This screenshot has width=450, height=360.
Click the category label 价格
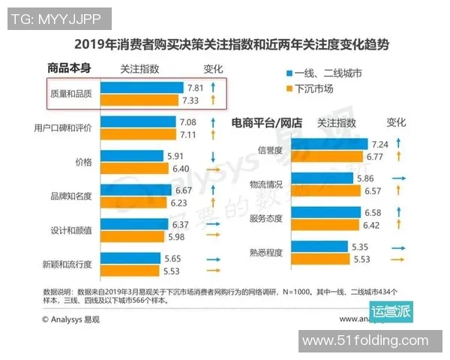[x=83, y=162]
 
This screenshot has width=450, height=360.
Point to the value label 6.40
[x=181, y=169]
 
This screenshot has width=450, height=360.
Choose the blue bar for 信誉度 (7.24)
[x=327, y=143]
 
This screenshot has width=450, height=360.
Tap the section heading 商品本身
[x=68, y=68]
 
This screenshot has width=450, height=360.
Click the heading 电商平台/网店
[x=267, y=121]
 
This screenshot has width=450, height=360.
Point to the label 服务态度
[x=265, y=218]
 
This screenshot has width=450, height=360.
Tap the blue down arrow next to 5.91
[x=213, y=156]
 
